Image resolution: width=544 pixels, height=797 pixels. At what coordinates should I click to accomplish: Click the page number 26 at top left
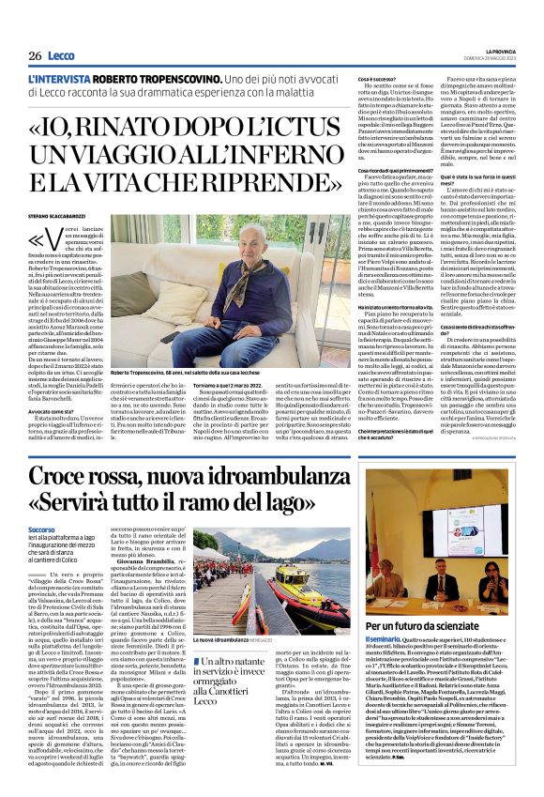pyautogui.click(x=35, y=55)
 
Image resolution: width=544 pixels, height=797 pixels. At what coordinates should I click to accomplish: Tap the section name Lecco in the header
pyautogui.click(x=63, y=55)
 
